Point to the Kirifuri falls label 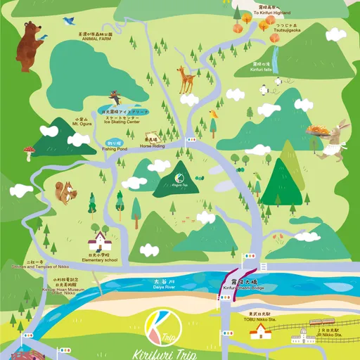263,70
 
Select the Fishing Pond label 114,148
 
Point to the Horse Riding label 151,146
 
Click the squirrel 64,192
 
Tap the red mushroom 30,151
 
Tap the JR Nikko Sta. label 328,334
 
